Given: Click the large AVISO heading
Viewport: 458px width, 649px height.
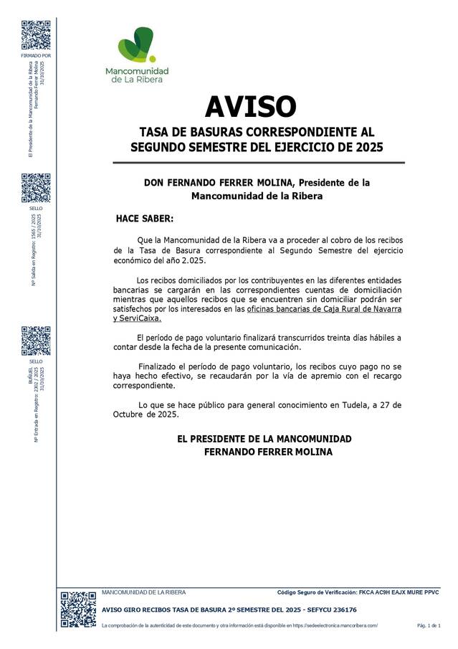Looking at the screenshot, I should pyautogui.click(x=250, y=107).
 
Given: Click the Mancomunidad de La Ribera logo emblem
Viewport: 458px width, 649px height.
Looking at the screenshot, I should pyautogui.click(x=136, y=45).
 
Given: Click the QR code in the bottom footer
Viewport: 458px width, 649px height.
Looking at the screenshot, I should pyautogui.click(x=77, y=609).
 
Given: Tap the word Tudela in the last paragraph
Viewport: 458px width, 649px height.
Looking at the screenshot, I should pyautogui.click(x=351, y=404).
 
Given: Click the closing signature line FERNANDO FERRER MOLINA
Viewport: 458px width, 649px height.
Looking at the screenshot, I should pyautogui.click(x=268, y=452).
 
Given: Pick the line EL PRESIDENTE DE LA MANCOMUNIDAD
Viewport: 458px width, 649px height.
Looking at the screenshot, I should pyautogui.click(x=264, y=438).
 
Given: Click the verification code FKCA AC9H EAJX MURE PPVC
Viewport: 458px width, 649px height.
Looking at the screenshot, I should pyautogui.click(x=399, y=592).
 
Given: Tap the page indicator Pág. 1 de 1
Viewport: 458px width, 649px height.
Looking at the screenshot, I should pyautogui.click(x=429, y=626).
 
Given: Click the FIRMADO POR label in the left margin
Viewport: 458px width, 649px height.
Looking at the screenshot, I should pyautogui.click(x=36, y=56).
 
